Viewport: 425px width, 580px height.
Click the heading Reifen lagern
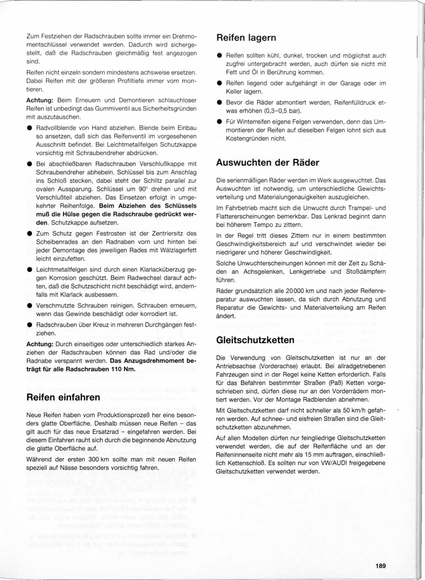[x=246, y=38]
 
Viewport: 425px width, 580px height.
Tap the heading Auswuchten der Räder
[x=267, y=163]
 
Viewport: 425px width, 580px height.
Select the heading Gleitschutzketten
[x=255, y=340]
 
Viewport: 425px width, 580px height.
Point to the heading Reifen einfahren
[x=63, y=397]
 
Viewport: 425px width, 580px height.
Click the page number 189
[x=380, y=566]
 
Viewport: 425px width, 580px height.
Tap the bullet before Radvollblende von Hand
[x=29, y=128]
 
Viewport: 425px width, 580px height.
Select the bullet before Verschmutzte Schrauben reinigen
[x=29, y=306]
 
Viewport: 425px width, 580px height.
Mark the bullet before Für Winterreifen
[x=219, y=122]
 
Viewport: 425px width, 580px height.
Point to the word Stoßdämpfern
[x=366, y=272]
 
